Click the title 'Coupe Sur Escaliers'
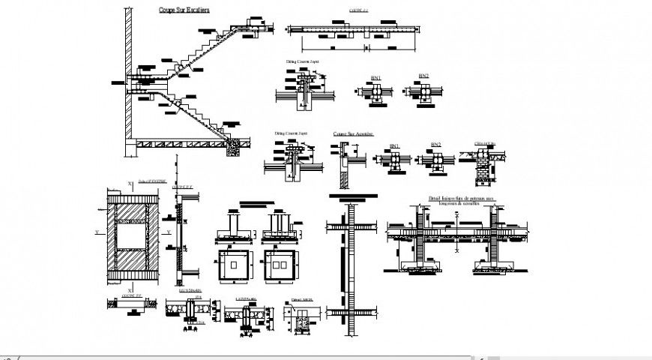click(x=184, y=10)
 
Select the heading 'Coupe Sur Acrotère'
click(x=354, y=134)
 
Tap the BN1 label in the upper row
click(x=376, y=77)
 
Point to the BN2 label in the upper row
click(x=423, y=76)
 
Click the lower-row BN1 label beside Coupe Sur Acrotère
click(x=394, y=145)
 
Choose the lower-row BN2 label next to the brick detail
click(x=435, y=144)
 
